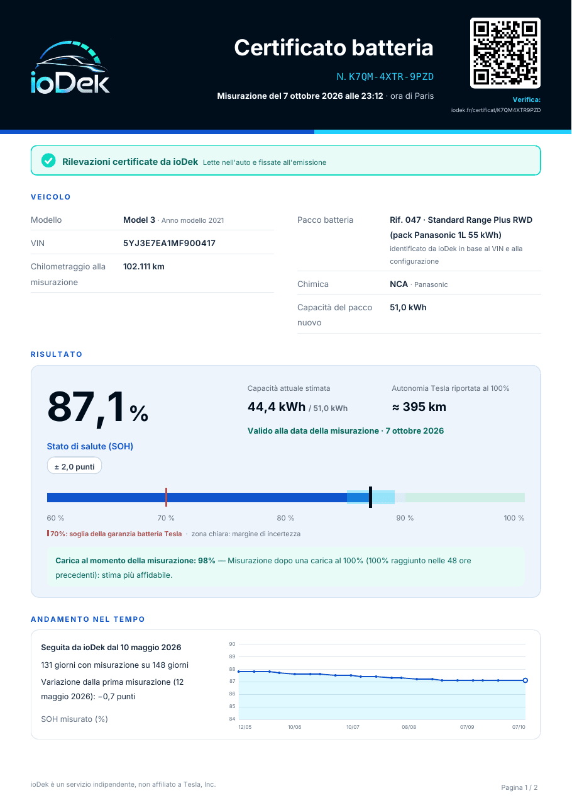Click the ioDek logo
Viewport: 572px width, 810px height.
click(x=70, y=67)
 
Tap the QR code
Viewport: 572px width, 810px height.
click(x=505, y=53)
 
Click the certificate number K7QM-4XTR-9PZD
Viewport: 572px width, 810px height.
click(x=391, y=77)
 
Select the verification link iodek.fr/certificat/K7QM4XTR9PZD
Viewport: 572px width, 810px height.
click(x=495, y=110)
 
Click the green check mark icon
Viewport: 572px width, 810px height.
click(x=48, y=160)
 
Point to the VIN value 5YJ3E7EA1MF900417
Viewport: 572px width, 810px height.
click(x=169, y=243)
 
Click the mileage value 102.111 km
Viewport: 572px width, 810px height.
click(x=144, y=266)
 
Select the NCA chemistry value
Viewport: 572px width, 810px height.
click(x=399, y=284)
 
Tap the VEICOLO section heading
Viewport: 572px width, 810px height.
click(x=50, y=197)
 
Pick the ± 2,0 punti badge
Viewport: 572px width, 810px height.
click(x=74, y=466)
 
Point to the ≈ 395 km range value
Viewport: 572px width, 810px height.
click(x=419, y=407)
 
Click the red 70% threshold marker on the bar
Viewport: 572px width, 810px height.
click(x=166, y=497)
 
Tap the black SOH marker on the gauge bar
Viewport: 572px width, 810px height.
click(x=370, y=497)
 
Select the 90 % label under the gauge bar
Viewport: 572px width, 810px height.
click(x=405, y=518)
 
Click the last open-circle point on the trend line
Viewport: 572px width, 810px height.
click(x=525, y=680)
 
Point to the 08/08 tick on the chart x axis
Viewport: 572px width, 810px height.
click(x=409, y=727)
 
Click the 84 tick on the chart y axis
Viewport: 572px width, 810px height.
click(x=232, y=719)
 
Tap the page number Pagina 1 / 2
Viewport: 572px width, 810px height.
click(x=519, y=787)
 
